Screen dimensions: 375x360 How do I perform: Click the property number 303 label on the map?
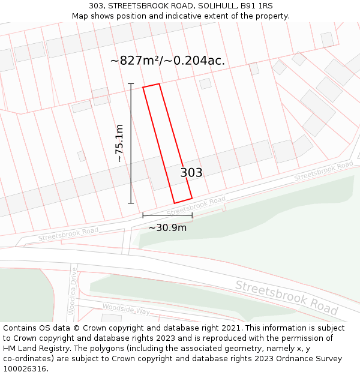(191, 173)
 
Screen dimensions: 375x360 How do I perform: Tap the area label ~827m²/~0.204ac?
(167, 61)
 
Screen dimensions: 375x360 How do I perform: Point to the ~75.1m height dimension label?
(119, 143)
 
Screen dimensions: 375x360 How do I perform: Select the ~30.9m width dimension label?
(167, 227)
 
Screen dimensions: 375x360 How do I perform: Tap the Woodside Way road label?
(125, 309)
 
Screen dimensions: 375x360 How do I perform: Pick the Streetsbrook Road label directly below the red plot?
(196, 205)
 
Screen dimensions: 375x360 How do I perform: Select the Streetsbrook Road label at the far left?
(68, 234)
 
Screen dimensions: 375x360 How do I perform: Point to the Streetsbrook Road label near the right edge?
(323, 171)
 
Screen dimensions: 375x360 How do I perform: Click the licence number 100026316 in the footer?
(25, 368)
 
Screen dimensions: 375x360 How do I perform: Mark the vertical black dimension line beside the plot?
(131, 143)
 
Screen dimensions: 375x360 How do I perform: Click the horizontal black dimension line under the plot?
(167, 215)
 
